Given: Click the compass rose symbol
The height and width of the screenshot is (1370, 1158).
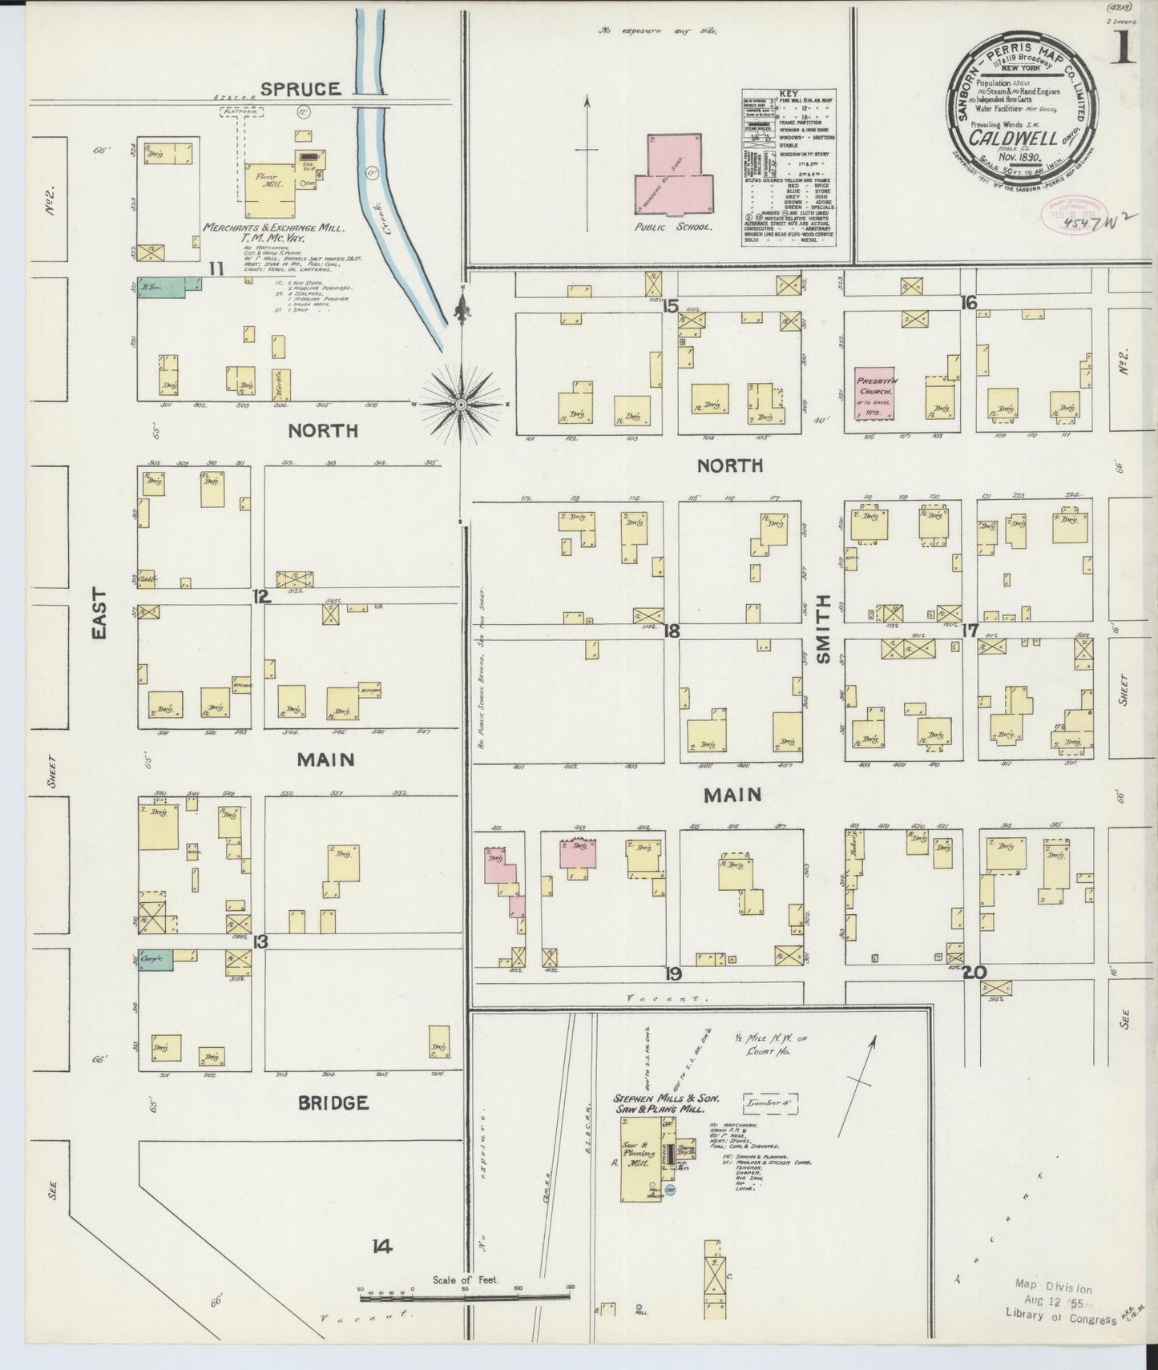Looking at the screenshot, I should click(462, 405).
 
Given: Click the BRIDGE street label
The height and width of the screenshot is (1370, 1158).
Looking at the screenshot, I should click(333, 1103).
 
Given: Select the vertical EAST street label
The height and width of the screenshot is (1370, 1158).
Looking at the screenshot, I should click(99, 614).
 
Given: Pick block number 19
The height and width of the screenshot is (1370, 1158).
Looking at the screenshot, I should click(672, 973).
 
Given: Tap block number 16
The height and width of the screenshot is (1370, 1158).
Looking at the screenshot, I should click(969, 302).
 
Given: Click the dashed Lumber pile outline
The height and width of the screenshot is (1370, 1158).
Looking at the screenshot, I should click(772, 1102).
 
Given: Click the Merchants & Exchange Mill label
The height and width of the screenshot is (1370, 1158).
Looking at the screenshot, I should click(273, 228).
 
